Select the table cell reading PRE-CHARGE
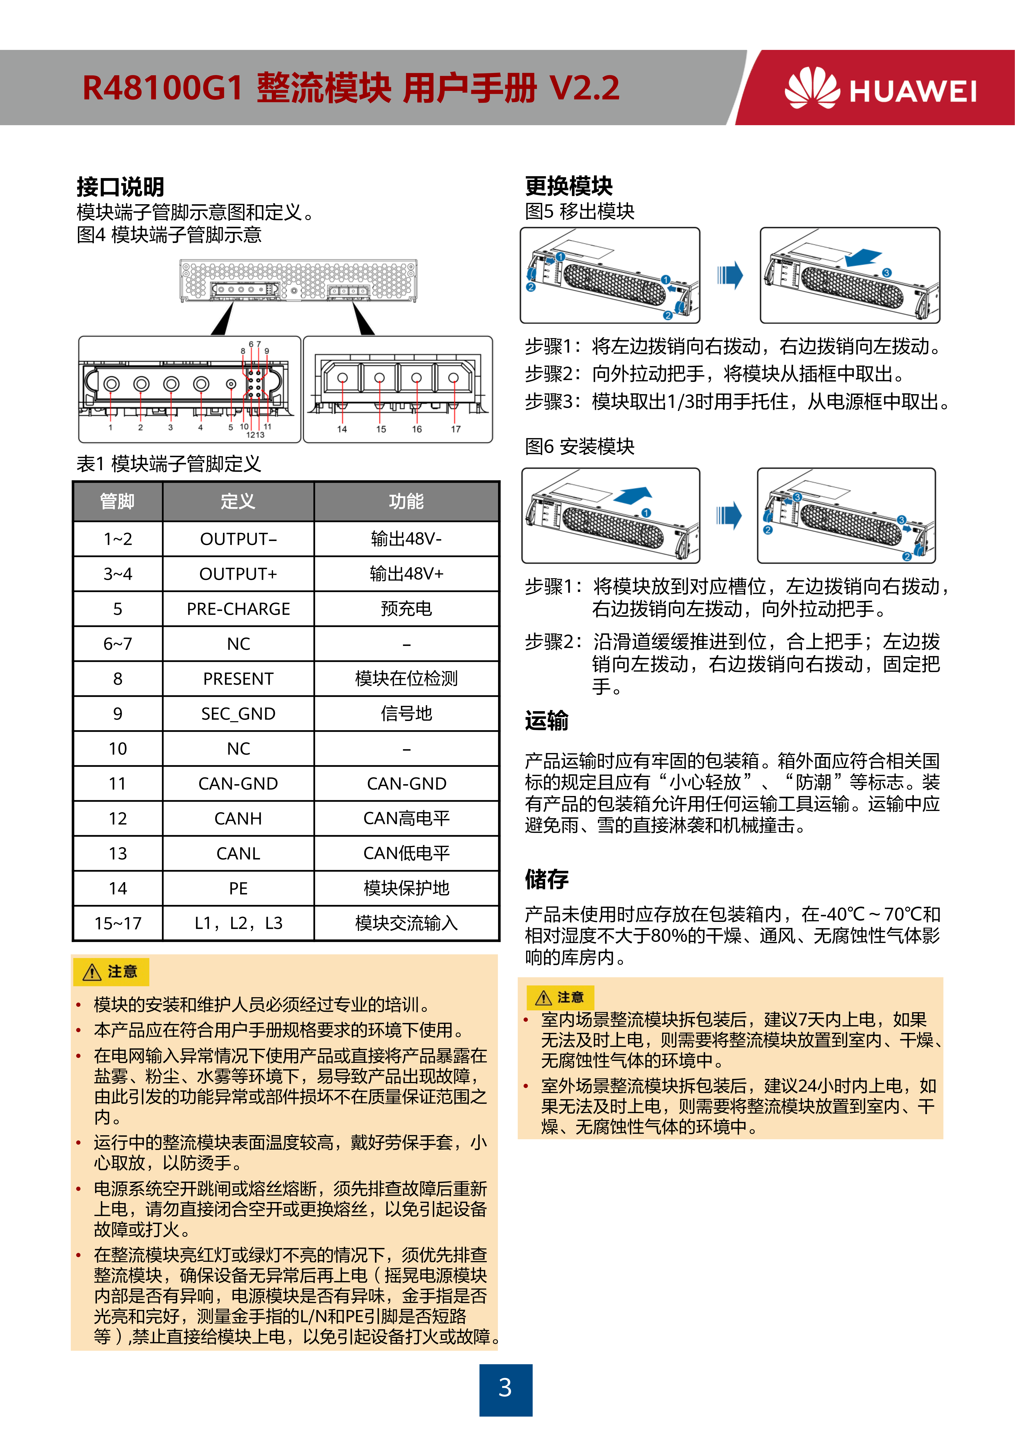click(x=238, y=609)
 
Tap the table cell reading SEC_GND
click(x=238, y=714)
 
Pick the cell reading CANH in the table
click(x=238, y=819)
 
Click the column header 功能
click(x=406, y=501)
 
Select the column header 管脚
click(x=117, y=501)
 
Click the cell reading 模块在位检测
click(x=406, y=679)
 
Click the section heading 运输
click(x=546, y=721)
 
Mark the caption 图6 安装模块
click(x=579, y=446)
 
